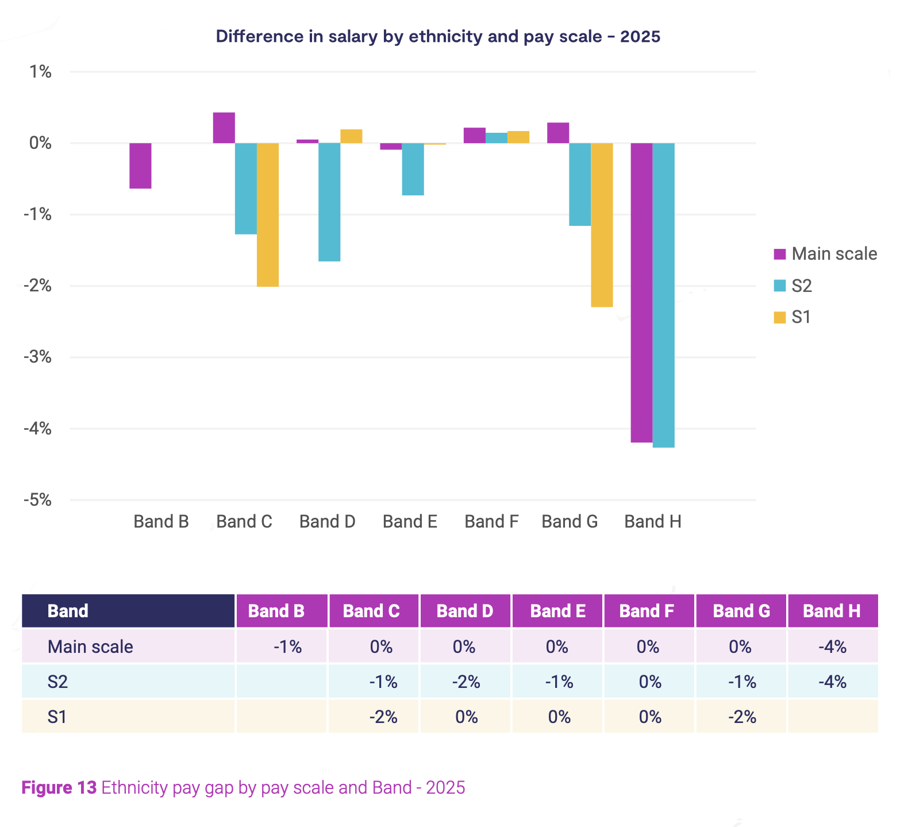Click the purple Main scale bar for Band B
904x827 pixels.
(x=140, y=166)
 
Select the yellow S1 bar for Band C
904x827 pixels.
(x=268, y=214)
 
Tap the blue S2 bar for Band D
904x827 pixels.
(x=329, y=202)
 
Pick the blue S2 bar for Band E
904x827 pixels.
(x=413, y=169)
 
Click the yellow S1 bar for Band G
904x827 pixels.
(x=602, y=225)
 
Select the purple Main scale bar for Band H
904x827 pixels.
(x=641, y=293)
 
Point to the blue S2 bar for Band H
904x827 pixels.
(x=663, y=295)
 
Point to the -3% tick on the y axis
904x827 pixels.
(x=37, y=357)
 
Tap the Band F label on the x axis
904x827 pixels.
(x=491, y=522)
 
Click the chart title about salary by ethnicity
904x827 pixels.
(x=438, y=37)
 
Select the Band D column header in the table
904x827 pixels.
(x=465, y=611)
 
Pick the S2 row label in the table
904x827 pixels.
(x=58, y=682)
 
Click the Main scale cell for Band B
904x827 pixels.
(x=287, y=647)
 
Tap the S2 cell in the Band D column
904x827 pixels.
(x=466, y=682)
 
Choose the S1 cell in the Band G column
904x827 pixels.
(x=741, y=717)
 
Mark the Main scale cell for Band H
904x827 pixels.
(x=832, y=647)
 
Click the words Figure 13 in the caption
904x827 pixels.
(x=59, y=787)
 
